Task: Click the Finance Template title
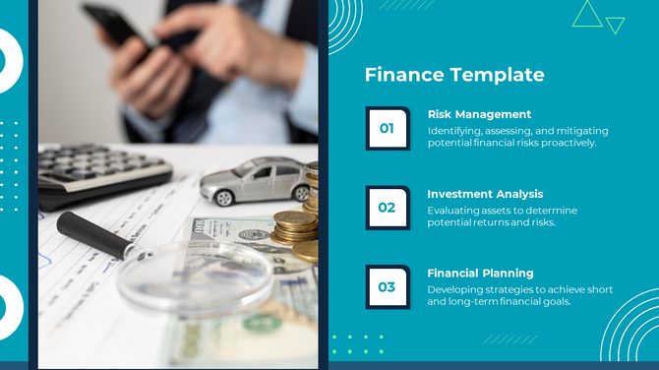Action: click(453, 75)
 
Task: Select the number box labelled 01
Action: click(387, 128)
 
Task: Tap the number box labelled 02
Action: click(387, 208)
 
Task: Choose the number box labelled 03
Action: click(387, 287)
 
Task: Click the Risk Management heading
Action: click(479, 114)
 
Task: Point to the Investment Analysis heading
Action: click(485, 194)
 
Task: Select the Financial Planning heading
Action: click(480, 273)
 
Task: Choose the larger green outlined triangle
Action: click(587, 15)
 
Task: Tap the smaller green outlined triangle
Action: click(616, 24)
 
